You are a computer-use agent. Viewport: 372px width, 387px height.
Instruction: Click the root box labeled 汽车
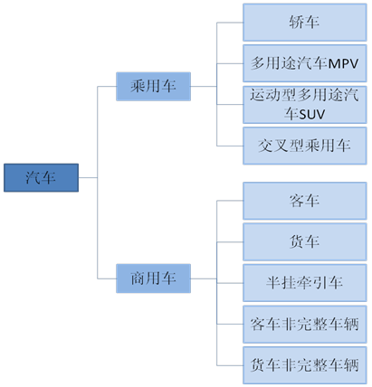[41, 177]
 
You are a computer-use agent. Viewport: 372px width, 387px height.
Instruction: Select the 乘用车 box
[153, 87]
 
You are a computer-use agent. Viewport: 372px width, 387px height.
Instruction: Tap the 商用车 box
[153, 278]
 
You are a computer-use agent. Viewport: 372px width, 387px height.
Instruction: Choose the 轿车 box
[305, 23]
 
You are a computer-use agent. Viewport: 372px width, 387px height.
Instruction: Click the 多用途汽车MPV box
[305, 63]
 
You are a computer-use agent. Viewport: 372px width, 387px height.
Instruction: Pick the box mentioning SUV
[305, 105]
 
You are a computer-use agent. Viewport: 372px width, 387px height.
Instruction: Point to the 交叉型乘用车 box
[305, 146]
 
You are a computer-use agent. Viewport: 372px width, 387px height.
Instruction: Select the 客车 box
[305, 201]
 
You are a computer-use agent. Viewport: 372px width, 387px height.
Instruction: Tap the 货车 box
[305, 241]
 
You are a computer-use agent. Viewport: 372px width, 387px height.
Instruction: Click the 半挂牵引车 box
[305, 283]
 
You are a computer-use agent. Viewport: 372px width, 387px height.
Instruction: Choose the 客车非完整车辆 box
[305, 325]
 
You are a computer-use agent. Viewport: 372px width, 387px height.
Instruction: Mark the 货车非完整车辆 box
[305, 365]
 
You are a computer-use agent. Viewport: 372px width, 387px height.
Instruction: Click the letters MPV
[343, 64]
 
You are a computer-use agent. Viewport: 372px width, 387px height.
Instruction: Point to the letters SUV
[310, 115]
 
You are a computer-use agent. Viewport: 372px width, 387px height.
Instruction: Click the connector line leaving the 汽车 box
[88, 177]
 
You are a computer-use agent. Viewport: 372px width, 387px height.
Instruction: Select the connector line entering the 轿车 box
[230, 23]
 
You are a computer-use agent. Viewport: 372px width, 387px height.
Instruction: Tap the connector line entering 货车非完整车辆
[230, 365]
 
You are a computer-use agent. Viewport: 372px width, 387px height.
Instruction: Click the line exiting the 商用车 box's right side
[204, 278]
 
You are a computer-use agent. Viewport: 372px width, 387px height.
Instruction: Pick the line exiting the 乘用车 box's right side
[204, 87]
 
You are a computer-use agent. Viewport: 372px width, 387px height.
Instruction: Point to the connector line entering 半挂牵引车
[230, 283]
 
